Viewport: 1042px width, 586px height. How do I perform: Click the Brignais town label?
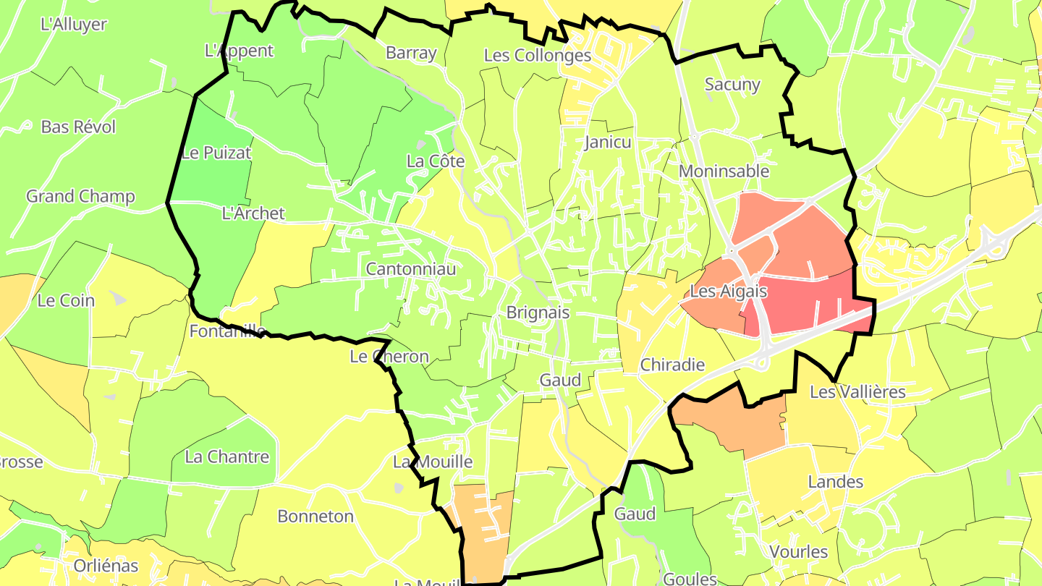tap(538, 313)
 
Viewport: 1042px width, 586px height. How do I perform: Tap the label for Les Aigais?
tap(728, 291)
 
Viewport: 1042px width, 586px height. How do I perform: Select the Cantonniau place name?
tap(411, 269)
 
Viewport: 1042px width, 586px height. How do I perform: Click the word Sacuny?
tap(732, 85)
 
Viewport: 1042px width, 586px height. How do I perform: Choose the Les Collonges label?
tap(538, 55)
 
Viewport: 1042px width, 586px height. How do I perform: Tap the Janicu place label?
tap(608, 142)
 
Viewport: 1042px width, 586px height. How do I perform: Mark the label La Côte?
tap(436, 161)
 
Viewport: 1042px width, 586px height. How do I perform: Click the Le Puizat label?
tap(216, 153)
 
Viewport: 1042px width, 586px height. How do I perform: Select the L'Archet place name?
tap(253, 213)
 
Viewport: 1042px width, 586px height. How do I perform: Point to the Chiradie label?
tap(672, 365)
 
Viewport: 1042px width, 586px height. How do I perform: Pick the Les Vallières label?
tap(857, 392)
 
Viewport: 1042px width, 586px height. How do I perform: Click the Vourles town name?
tap(798, 552)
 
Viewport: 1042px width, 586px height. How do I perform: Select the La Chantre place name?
tap(227, 457)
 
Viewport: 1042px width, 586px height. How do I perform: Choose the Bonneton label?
tap(315, 517)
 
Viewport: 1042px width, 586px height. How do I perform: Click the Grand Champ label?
tap(80, 196)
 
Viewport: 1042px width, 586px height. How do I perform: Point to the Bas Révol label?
tap(78, 127)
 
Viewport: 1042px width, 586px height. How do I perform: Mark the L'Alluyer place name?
tap(74, 24)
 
